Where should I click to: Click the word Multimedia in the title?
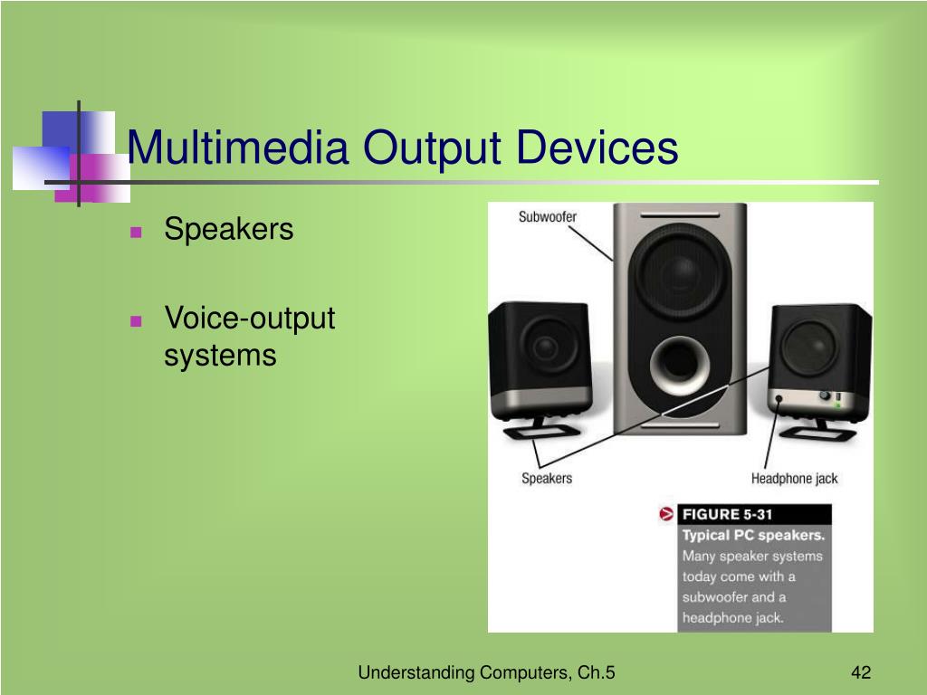click(237, 148)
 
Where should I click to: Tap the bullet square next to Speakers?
click(136, 232)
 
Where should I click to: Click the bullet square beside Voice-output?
click(136, 320)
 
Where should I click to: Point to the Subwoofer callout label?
click(547, 217)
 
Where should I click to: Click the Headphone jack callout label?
click(794, 478)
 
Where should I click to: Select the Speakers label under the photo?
click(547, 478)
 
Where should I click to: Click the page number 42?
click(860, 672)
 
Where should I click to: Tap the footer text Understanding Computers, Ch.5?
click(486, 672)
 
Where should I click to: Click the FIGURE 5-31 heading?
click(727, 515)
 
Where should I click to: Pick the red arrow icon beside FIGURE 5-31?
click(667, 515)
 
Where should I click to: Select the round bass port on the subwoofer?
click(680, 364)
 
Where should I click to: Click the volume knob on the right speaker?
click(826, 395)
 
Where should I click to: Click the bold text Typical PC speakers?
click(753, 535)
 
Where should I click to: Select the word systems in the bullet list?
click(219, 355)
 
